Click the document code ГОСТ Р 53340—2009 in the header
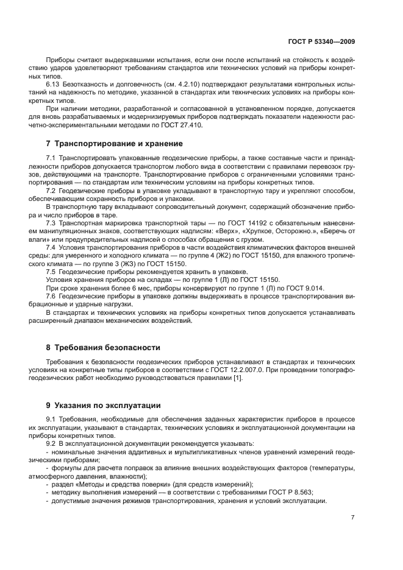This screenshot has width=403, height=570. point(321,43)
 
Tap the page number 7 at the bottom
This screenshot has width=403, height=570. point(352,518)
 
